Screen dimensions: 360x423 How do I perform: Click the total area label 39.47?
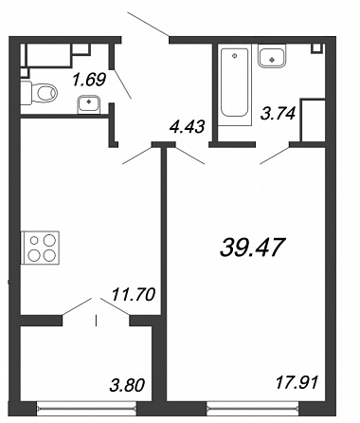coord(253,248)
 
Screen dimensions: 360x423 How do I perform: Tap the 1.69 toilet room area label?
coord(89,80)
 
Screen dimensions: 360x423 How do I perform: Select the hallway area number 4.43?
coord(188,126)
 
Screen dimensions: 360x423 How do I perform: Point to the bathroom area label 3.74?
coord(278,114)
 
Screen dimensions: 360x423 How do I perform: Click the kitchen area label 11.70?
coord(134,294)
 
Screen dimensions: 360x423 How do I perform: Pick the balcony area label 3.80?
coord(127,386)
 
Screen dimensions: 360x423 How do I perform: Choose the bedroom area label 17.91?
coord(297,383)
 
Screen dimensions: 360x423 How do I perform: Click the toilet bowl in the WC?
coord(39,93)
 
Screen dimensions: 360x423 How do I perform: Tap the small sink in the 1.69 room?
coord(89,104)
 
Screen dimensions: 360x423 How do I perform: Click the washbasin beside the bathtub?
coord(272,56)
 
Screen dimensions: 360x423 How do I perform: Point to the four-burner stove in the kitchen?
coord(40,248)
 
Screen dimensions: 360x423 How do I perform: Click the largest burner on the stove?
coord(49,240)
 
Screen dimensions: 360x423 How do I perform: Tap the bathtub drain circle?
coord(234,56)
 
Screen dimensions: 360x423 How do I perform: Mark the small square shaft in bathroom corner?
coord(317,48)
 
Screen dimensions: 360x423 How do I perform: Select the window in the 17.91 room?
coord(253,409)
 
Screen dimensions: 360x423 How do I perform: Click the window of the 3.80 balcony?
coord(86,409)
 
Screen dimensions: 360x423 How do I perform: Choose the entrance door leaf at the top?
coord(148,24)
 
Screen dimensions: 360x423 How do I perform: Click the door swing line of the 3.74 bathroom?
coord(275,156)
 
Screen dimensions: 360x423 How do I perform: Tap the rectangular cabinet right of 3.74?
coord(313,120)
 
